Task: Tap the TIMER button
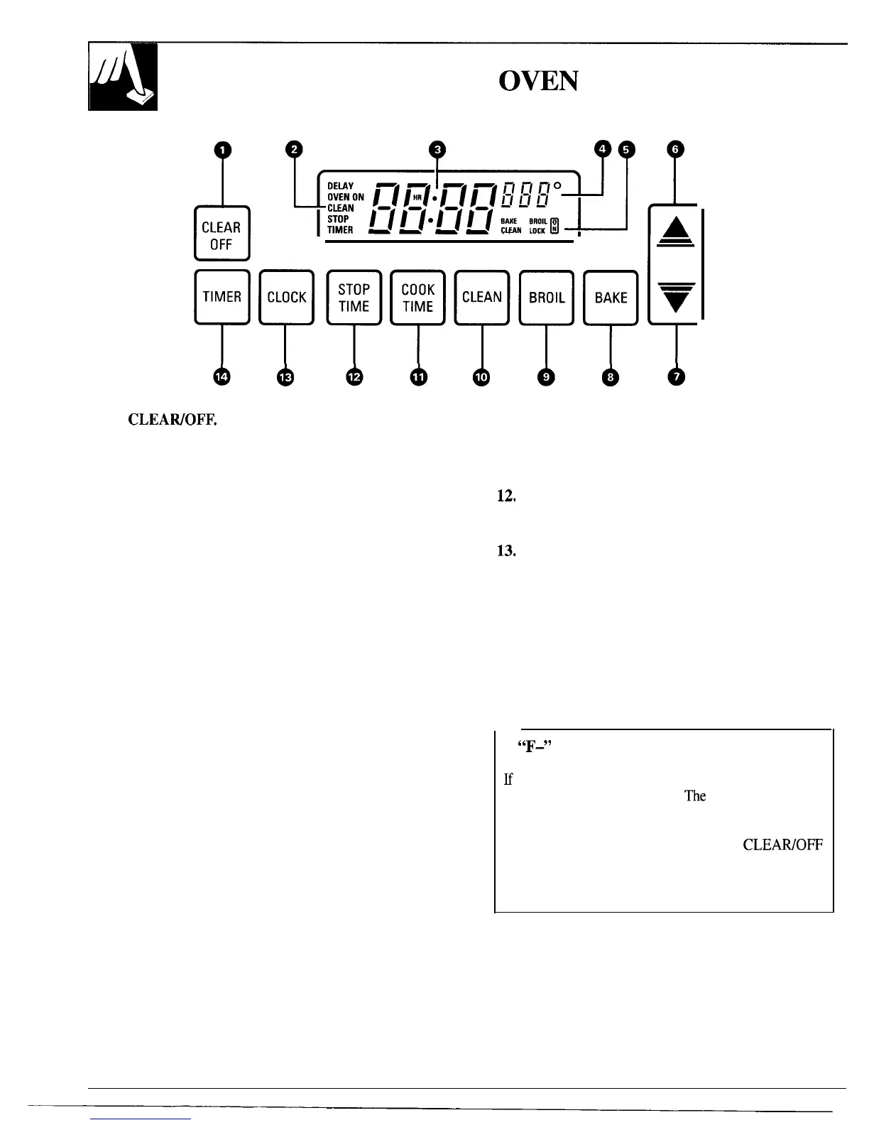[222, 298]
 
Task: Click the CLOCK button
[286, 298]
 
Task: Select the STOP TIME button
[354, 298]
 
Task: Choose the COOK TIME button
[417, 298]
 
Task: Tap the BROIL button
[546, 298]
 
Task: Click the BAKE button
[611, 298]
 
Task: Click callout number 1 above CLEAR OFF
[223, 149]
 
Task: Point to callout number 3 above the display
[438, 149]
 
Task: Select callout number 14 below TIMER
[222, 377]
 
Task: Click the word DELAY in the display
[340, 186]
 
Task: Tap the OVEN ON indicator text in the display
[345, 197]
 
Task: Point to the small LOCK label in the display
[537, 231]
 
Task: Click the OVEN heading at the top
[539, 82]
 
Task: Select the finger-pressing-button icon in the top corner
[123, 77]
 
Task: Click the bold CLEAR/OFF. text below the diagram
[172, 420]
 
